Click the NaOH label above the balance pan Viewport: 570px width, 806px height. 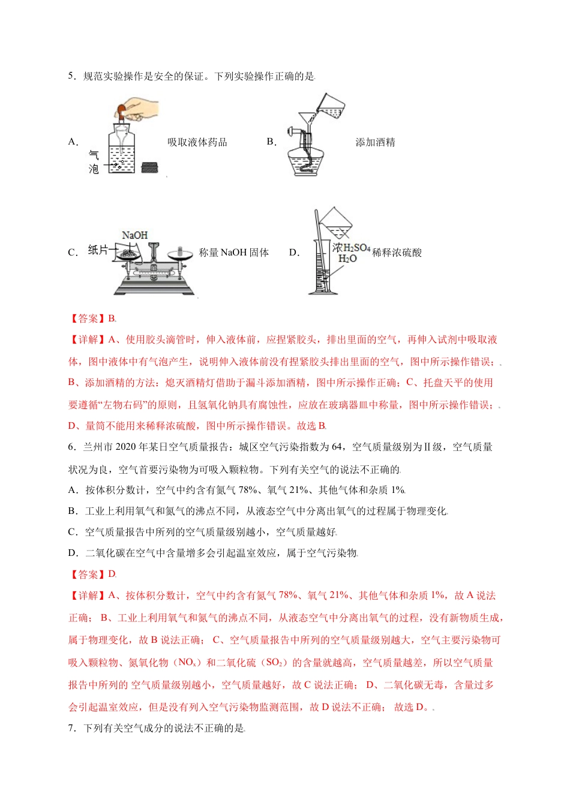click(x=134, y=235)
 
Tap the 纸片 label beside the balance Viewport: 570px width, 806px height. click(x=98, y=250)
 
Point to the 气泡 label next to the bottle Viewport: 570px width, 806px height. click(x=94, y=162)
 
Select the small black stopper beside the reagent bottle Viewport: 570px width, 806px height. click(x=150, y=168)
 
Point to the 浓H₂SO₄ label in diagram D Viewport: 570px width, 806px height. click(x=352, y=247)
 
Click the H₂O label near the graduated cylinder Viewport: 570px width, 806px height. click(x=347, y=258)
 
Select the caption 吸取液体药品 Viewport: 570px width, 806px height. click(x=197, y=142)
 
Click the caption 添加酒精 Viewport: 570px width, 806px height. click(x=375, y=142)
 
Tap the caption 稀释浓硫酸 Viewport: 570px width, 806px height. click(x=397, y=252)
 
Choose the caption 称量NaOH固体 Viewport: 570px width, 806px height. click(x=234, y=252)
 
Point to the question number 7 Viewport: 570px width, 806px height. click(x=71, y=728)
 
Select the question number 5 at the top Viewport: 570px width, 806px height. click(x=71, y=76)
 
